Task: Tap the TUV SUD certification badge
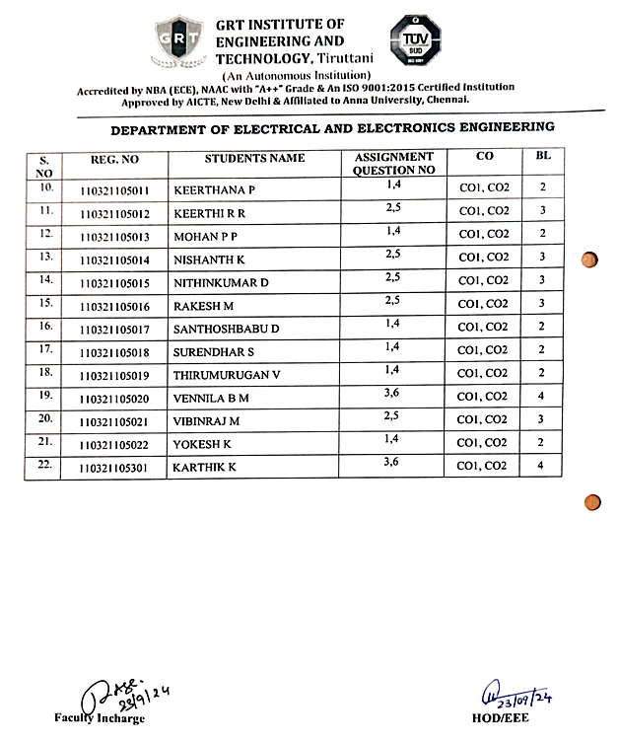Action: coord(414,40)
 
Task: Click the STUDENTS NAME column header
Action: coord(254,158)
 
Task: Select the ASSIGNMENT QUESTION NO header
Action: coord(393,163)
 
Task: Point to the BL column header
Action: coord(543,157)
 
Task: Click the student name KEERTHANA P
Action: coord(214,188)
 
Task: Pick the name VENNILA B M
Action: coord(211,398)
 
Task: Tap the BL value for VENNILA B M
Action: coord(542,397)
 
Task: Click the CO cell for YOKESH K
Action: coord(484,443)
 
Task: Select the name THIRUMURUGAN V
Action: coord(227,374)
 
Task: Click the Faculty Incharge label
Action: coord(100,717)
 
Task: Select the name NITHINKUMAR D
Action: coord(221,282)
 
